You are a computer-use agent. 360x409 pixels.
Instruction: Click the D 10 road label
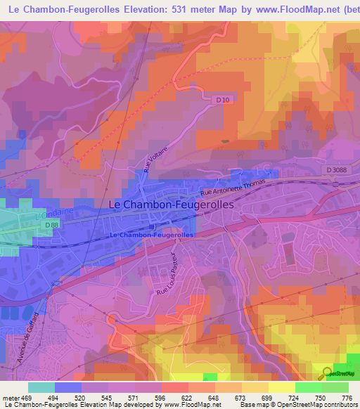(222, 100)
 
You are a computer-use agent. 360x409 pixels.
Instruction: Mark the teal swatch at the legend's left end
(41, 387)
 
